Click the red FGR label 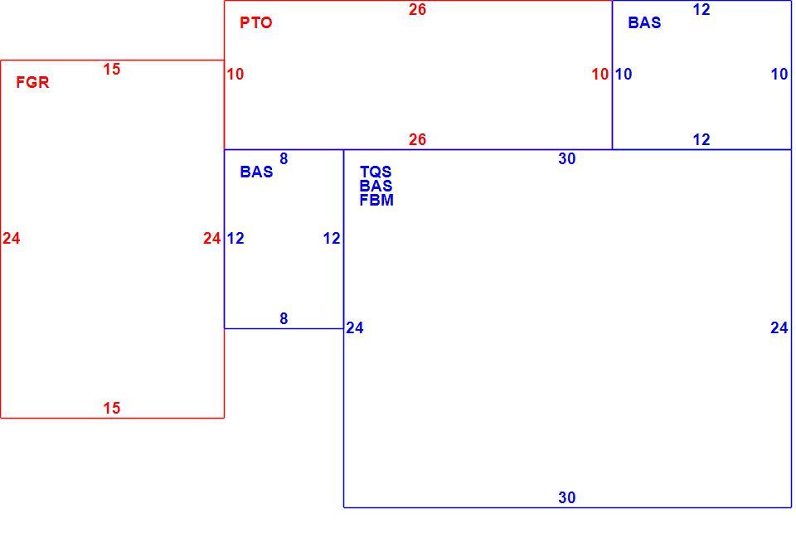click(32, 82)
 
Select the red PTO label click(256, 23)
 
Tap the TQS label click(376, 172)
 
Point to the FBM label click(376, 200)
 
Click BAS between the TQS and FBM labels click(376, 186)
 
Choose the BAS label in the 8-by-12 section click(256, 172)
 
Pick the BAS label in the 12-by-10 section click(645, 23)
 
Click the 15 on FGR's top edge click(112, 69)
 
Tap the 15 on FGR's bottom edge click(112, 408)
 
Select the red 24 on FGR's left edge click(11, 238)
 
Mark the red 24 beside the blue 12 click(211, 238)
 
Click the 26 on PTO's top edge click(417, 10)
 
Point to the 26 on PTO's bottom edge click(417, 139)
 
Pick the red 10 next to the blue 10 click(600, 74)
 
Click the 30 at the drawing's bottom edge click(567, 497)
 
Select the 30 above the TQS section click(567, 159)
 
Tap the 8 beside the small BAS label click(284, 159)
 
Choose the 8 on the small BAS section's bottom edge click(284, 318)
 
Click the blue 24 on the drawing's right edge click(779, 328)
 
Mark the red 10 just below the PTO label click(235, 74)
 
